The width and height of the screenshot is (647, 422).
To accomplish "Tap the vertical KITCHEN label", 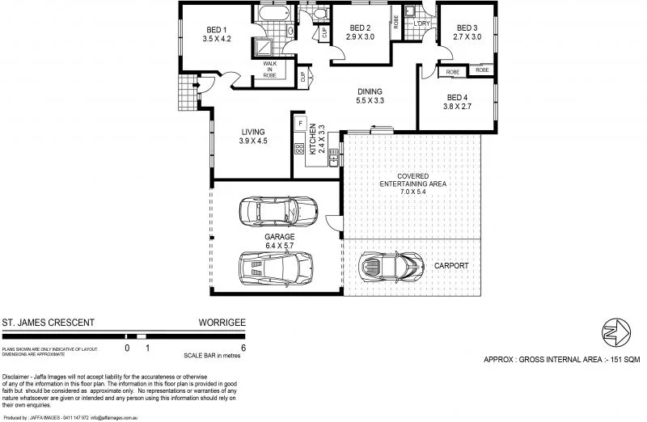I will point(312,141).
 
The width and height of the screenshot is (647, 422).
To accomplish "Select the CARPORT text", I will point(451,265).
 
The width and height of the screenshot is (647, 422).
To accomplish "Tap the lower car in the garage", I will point(276,265).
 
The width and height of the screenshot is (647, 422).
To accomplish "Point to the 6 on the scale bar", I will point(243,348).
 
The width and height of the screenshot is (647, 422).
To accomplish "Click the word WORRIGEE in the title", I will point(222,322).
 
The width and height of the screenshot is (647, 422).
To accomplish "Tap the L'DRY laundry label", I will point(421,23).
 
